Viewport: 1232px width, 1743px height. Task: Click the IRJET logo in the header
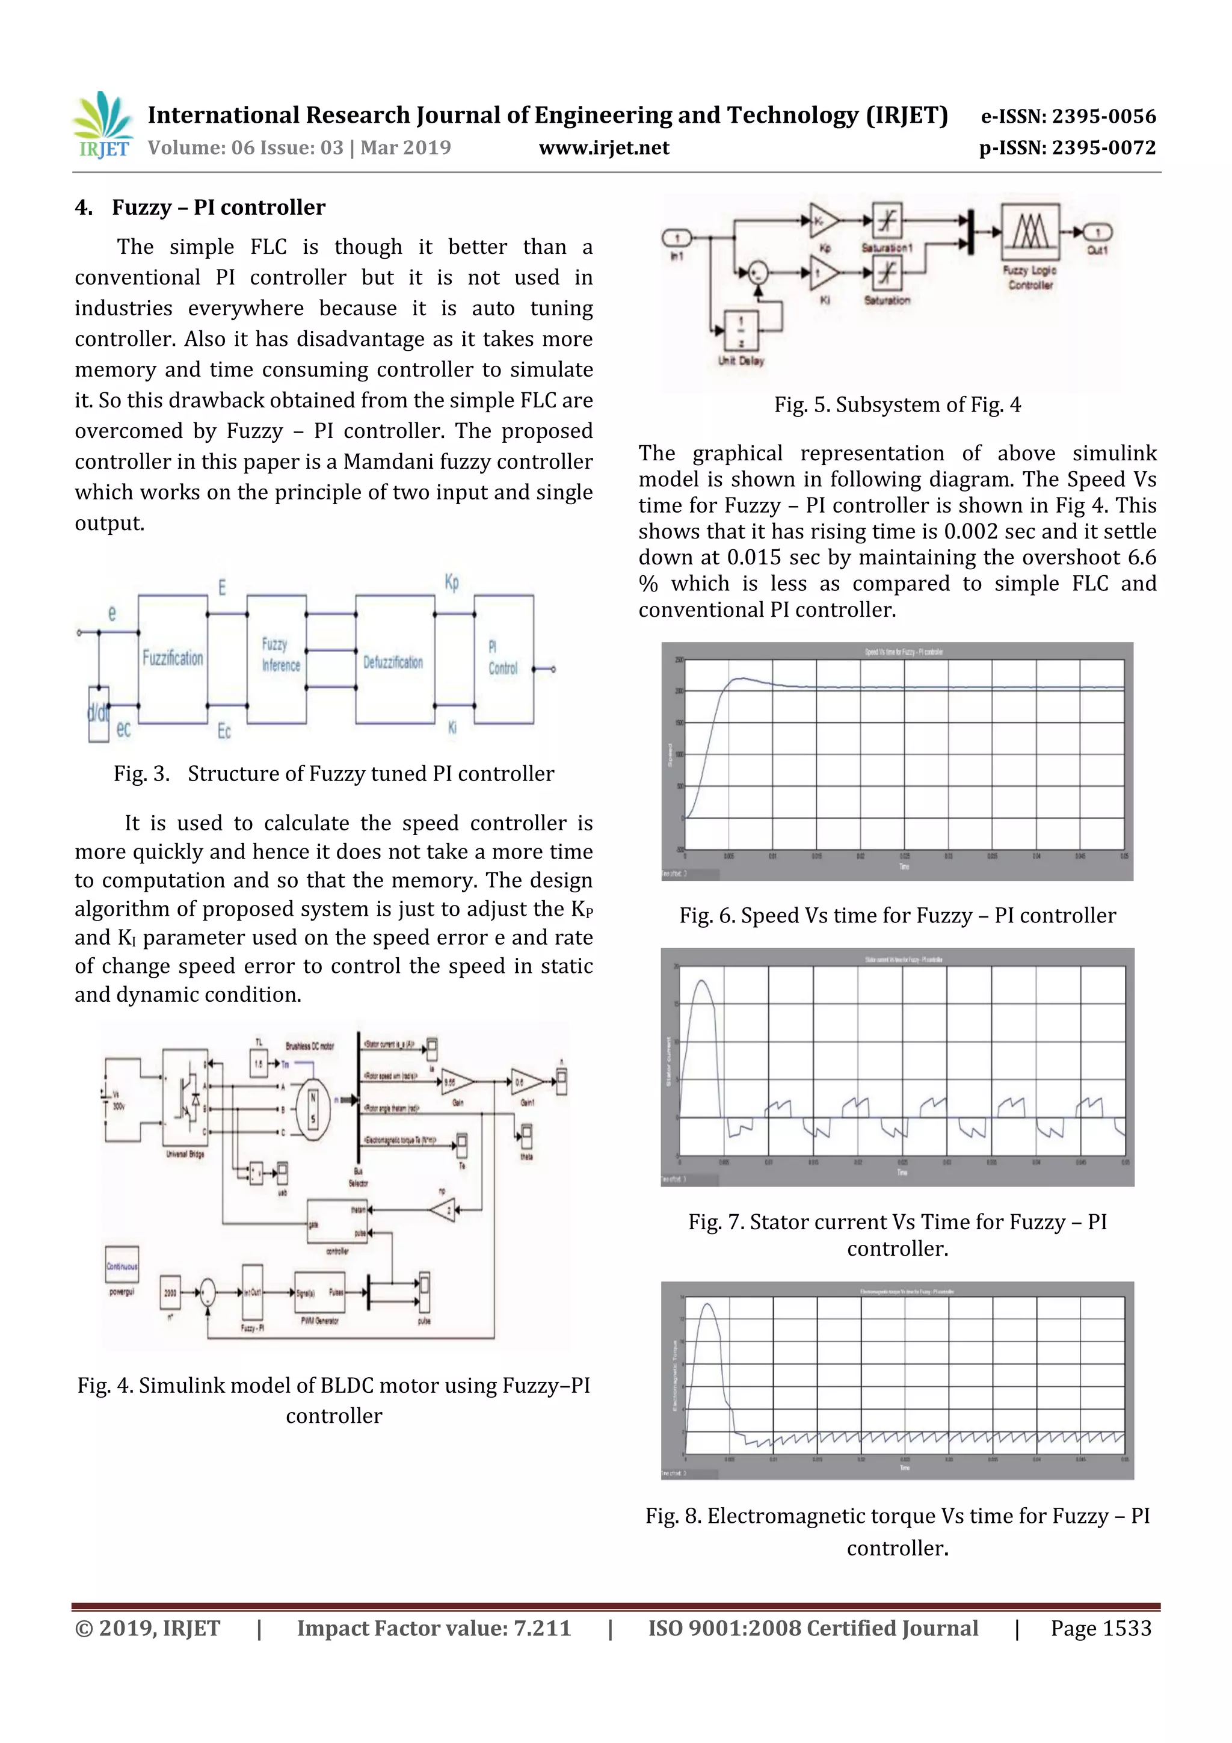(x=102, y=125)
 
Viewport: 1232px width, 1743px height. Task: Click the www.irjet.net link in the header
(x=603, y=148)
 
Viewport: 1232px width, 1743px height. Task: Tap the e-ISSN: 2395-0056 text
(x=1068, y=116)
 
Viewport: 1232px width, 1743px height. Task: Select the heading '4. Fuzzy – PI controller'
(x=200, y=207)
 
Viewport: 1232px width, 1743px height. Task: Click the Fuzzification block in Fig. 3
(x=173, y=658)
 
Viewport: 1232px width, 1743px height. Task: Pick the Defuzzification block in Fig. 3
(x=394, y=661)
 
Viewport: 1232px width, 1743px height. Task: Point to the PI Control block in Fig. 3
(x=504, y=659)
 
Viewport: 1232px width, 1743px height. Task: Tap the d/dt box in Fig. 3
(x=99, y=714)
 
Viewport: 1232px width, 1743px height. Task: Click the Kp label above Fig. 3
(x=452, y=583)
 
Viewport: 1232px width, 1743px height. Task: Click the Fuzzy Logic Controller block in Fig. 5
(x=1030, y=231)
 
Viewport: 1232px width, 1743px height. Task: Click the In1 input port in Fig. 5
(x=676, y=238)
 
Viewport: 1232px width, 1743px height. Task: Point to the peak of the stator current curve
(x=701, y=981)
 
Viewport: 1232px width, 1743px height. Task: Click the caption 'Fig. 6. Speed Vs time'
(x=898, y=916)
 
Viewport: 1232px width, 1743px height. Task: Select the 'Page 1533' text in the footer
(x=1101, y=1628)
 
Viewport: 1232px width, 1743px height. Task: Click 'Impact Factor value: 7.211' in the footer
(x=434, y=1628)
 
